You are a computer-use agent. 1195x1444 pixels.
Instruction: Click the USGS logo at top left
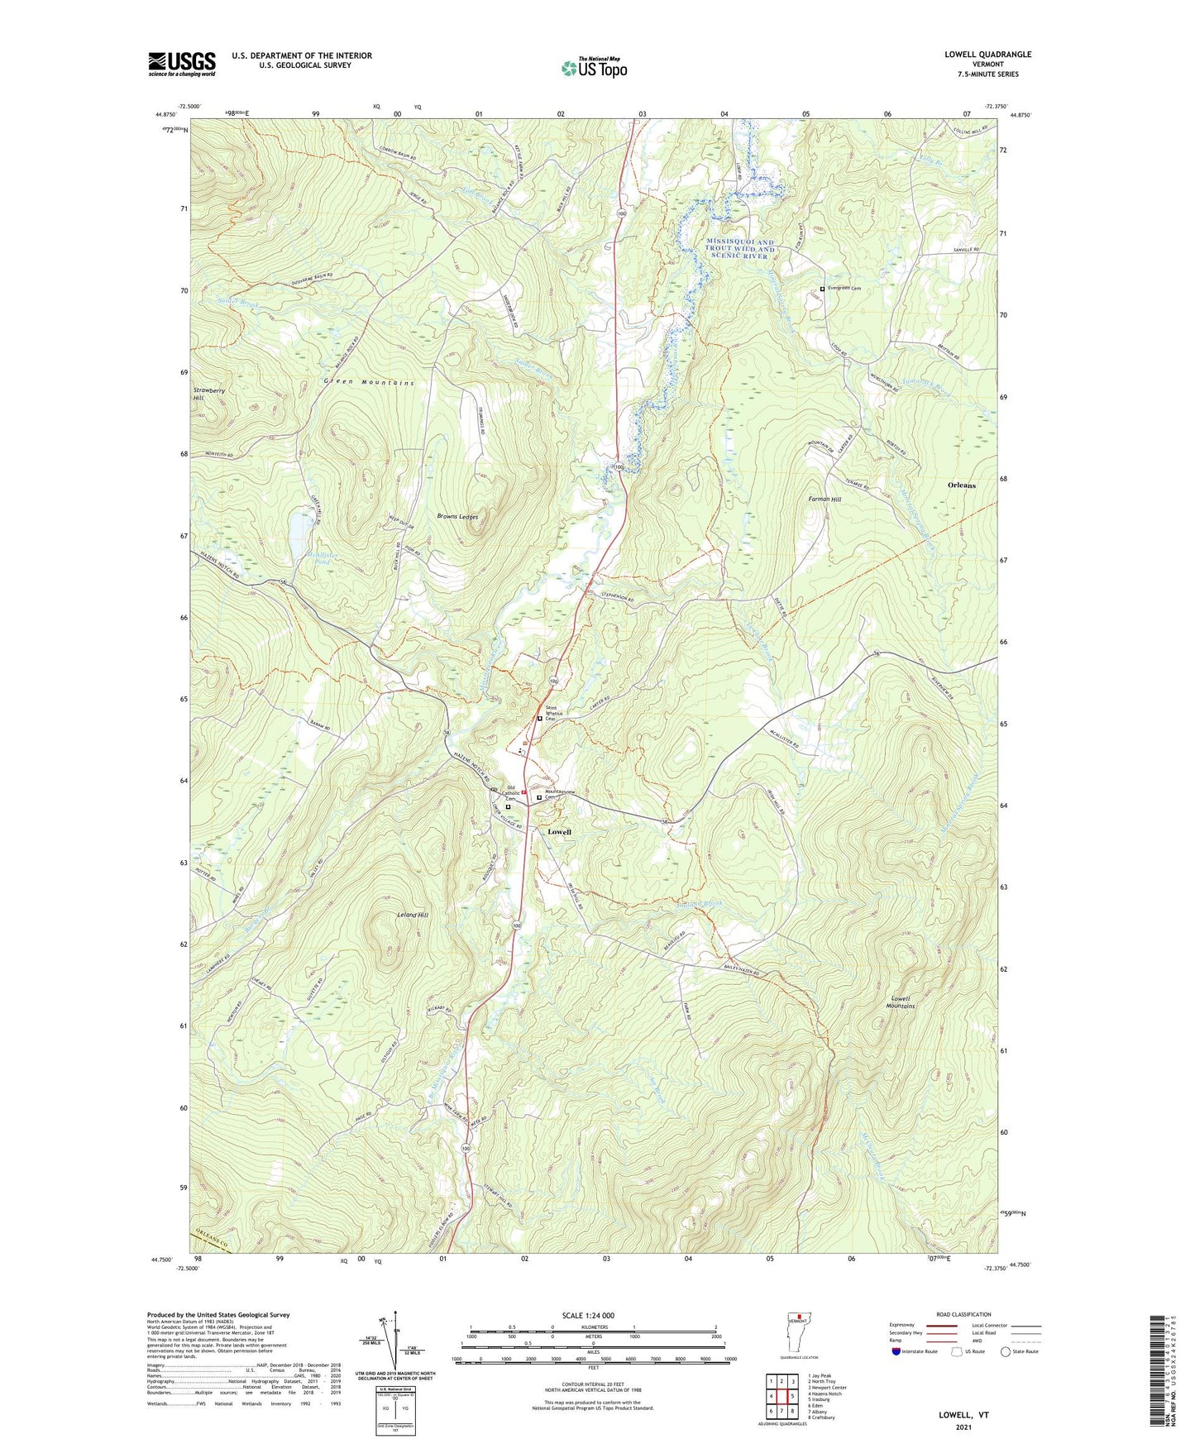(x=182, y=64)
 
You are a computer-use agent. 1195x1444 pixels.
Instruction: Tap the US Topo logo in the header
(x=593, y=68)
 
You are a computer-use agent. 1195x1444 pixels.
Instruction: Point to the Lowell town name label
(x=559, y=831)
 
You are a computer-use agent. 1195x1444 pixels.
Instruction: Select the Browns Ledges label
(x=457, y=516)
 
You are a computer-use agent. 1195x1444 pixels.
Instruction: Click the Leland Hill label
(x=411, y=916)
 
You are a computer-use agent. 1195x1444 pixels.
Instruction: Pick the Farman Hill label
(x=825, y=500)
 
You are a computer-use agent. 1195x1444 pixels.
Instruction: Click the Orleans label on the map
(x=961, y=485)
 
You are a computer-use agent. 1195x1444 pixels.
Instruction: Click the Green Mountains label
(x=368, y=383)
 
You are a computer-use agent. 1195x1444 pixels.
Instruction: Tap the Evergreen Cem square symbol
(x=821, y=289)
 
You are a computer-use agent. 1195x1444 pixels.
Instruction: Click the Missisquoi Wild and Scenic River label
(x=740, y=249)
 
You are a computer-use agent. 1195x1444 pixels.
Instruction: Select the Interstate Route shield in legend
(x=896, y=1351)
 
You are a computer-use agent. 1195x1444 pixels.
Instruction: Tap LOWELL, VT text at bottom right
(x=963, y=1414)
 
